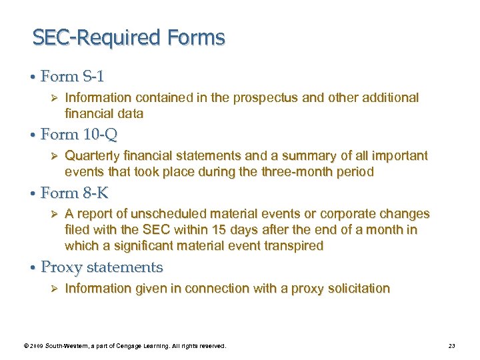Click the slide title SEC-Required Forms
tap(129, 37)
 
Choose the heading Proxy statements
tap(101, 267)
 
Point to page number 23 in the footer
tap(451, 346)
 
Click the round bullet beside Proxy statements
tap(32, 268)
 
